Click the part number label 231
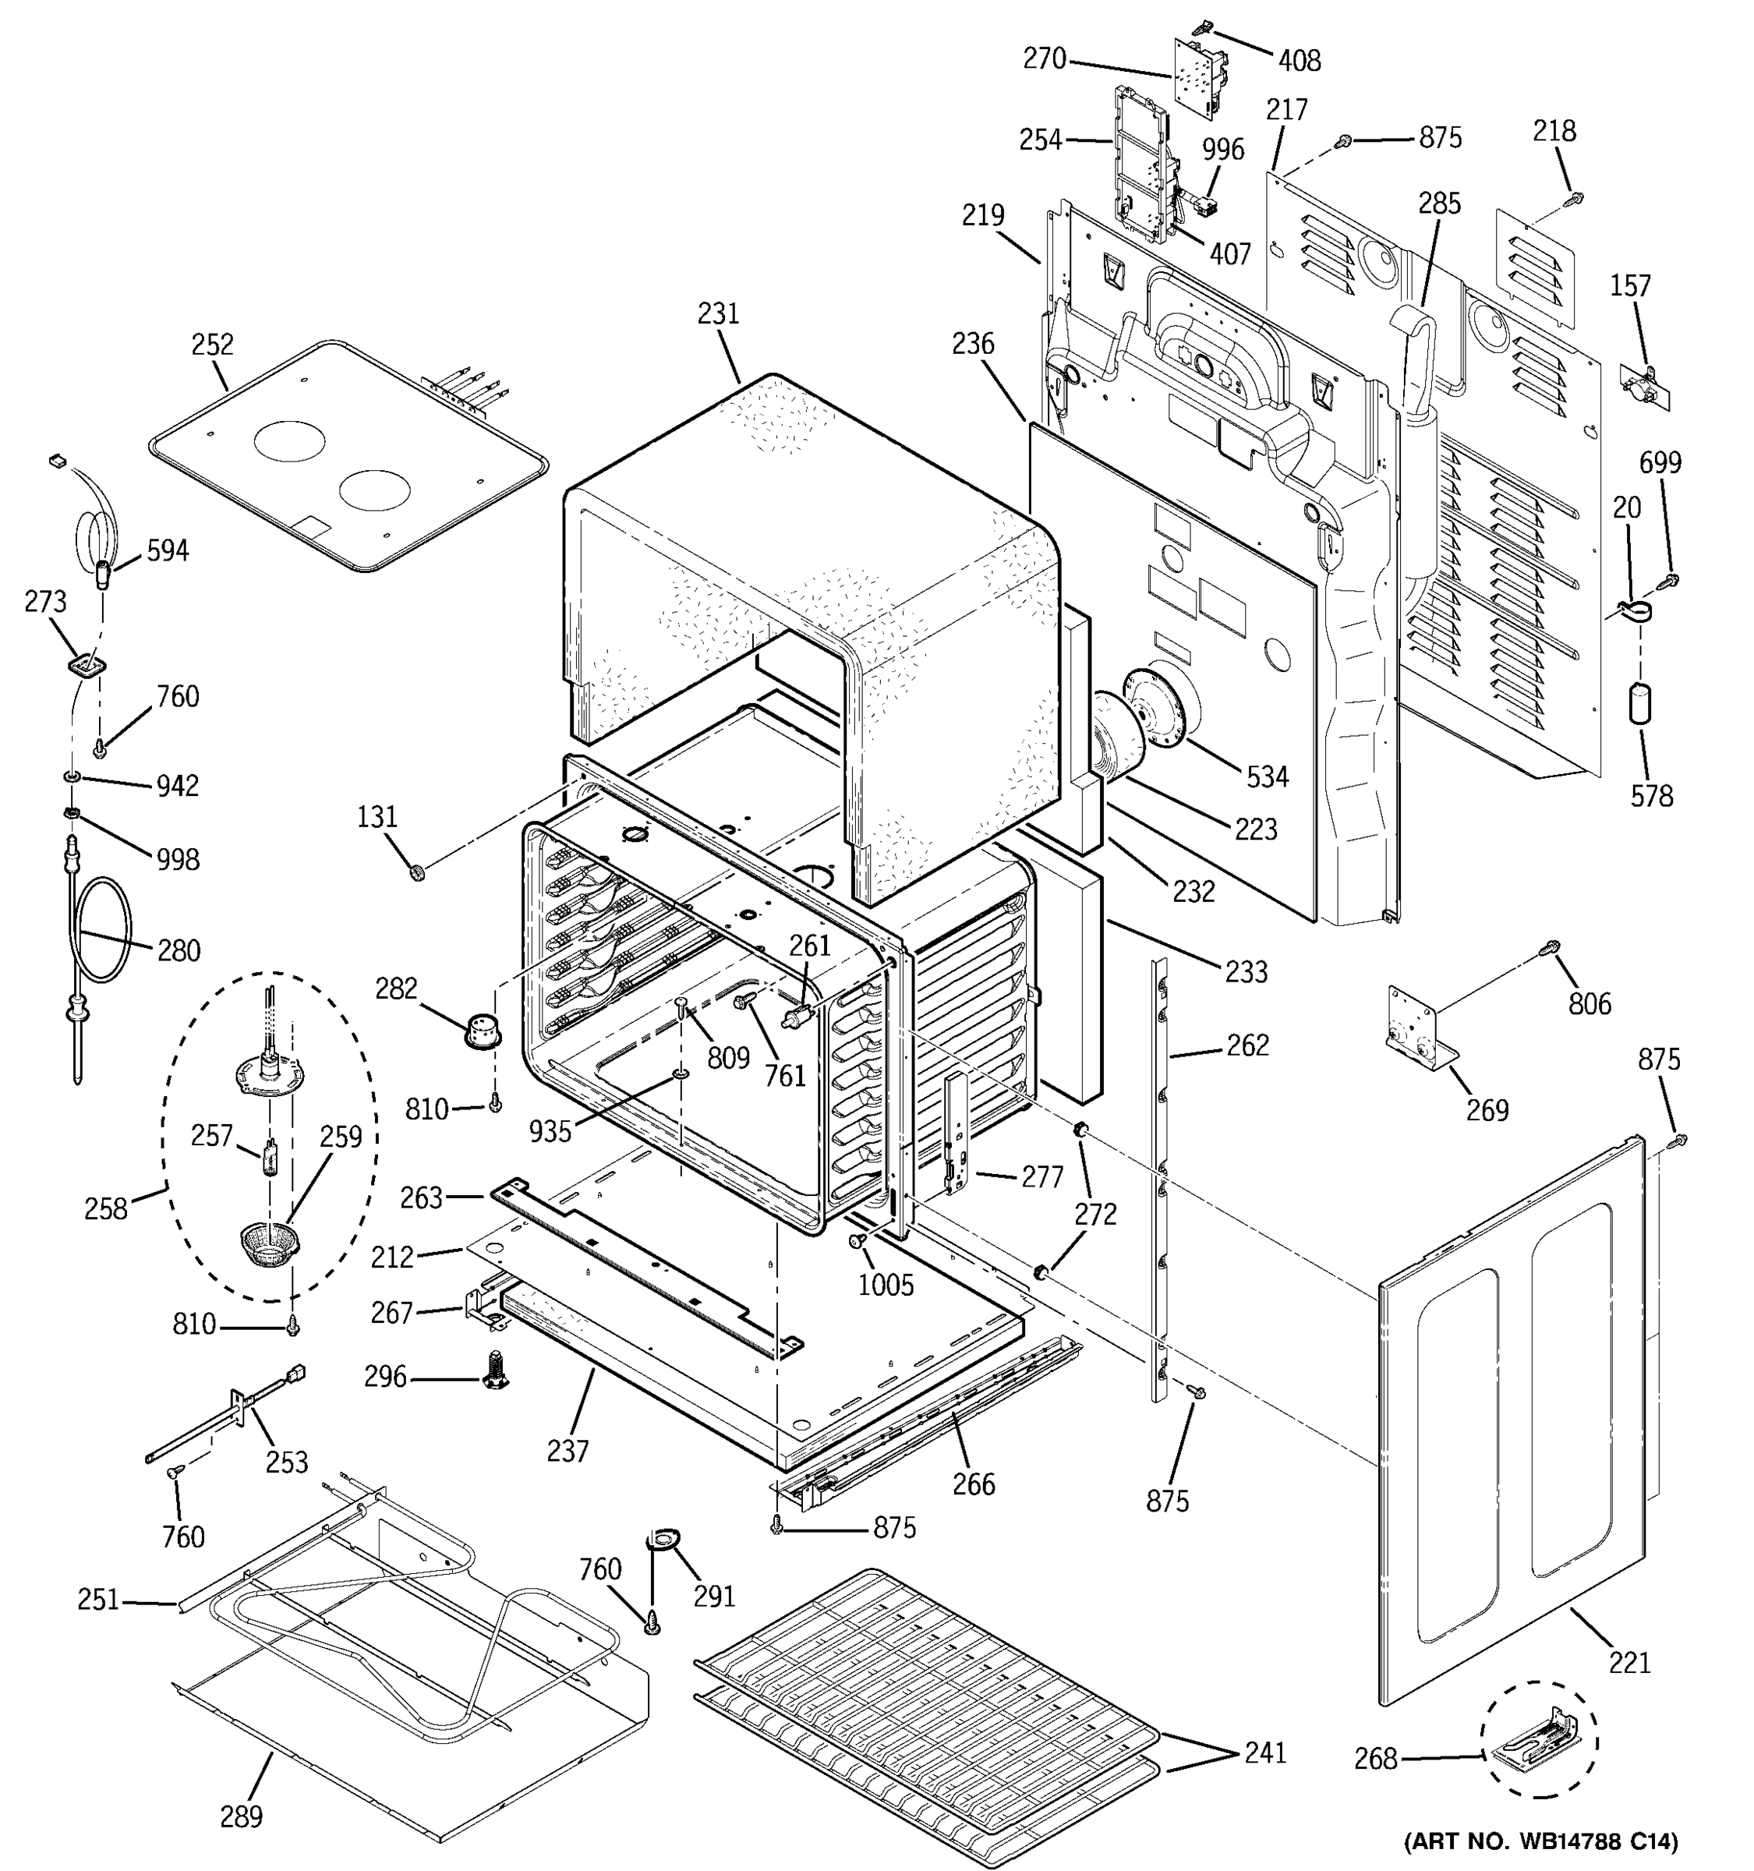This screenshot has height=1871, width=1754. click(718, 313)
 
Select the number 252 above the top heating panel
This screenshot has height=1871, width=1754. click(212, 345)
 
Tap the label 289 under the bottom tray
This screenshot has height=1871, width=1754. click(241, 1816)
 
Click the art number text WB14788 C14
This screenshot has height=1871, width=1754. click(1540, 1840)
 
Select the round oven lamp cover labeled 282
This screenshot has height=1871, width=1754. click(483, 1031)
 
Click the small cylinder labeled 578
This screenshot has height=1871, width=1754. click(1640, 704)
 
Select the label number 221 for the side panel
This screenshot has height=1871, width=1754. click(1628, 1663)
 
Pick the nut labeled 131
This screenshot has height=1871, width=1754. click(419, 873)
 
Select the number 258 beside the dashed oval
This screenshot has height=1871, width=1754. click(105, 1208)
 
